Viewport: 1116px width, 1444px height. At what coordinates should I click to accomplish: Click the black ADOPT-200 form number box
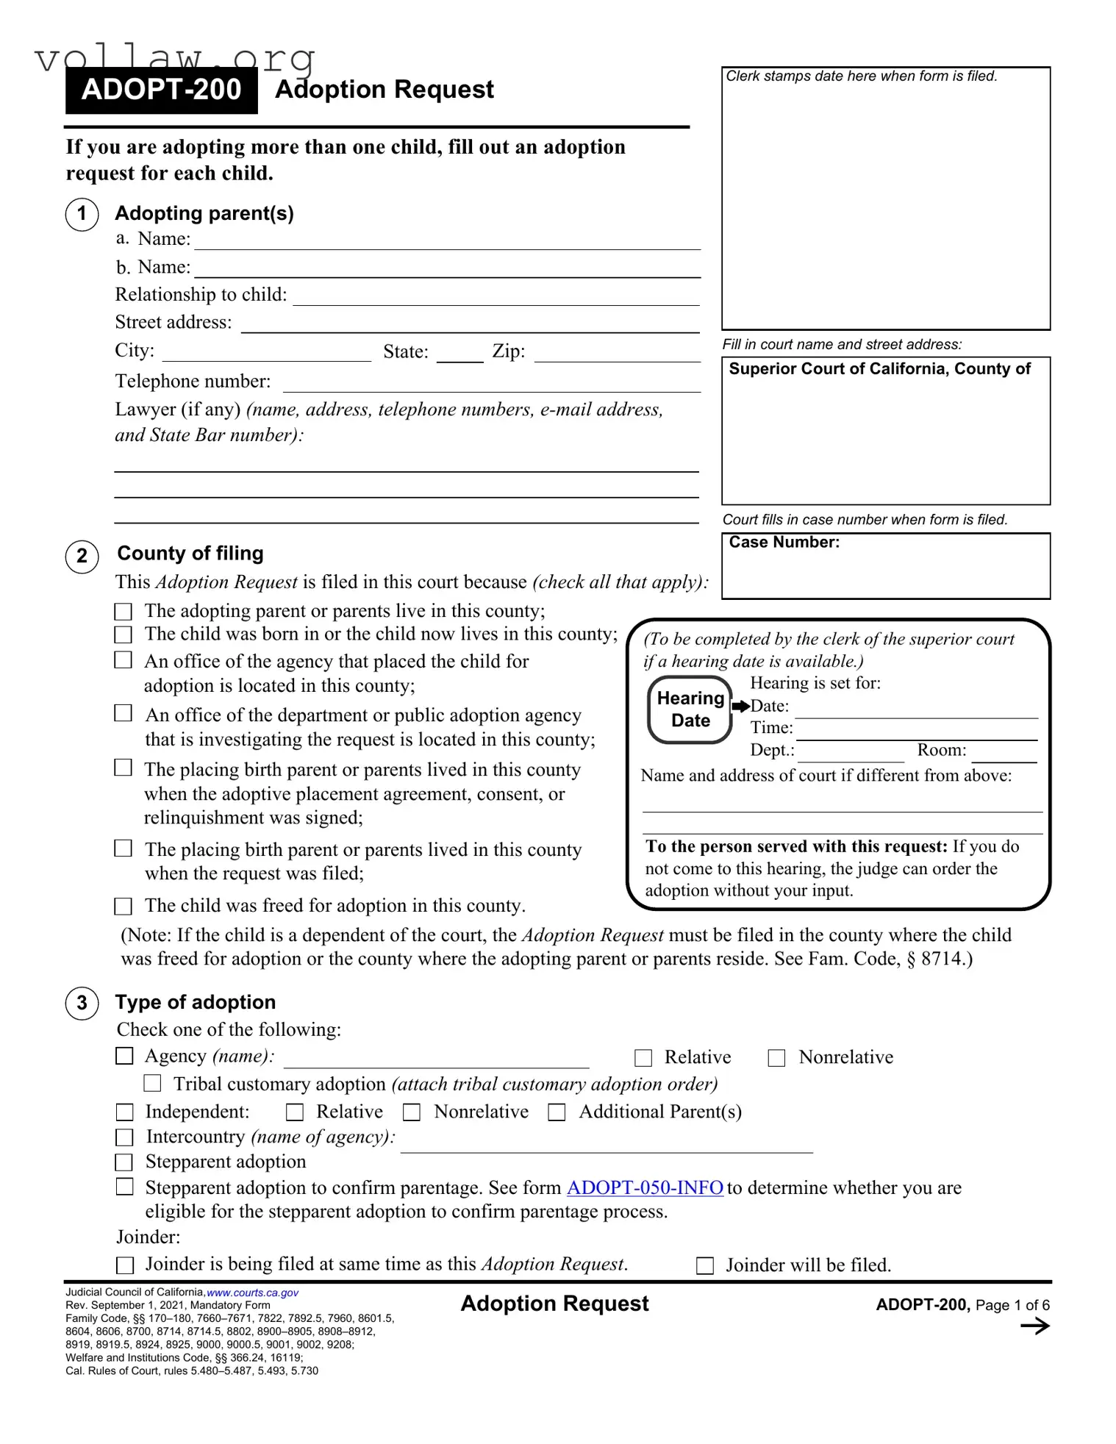(161, 90)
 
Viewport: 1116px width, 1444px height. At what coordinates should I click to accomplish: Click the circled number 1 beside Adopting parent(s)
(82, 215)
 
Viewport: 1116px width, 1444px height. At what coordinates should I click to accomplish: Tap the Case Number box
(885, 565)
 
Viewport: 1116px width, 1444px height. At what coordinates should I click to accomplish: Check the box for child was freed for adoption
(124, 906)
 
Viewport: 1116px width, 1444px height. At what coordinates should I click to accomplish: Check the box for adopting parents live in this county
(124, 612)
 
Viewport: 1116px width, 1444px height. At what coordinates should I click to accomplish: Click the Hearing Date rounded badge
(690, 710)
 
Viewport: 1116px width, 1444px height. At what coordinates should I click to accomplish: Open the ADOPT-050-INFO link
(645, 1187)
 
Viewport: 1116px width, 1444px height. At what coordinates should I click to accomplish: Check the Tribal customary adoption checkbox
(152, 1083)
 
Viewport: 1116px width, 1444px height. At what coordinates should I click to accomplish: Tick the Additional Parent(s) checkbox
(557, 1112)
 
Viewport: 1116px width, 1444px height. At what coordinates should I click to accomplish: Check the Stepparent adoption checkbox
(125, 1162)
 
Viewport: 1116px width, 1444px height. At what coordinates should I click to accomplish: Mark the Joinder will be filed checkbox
(705, 1265)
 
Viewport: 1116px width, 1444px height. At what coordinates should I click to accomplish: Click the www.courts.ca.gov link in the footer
(252, 1293)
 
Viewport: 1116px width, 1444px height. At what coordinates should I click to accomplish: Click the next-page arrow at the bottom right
(1035, 1326)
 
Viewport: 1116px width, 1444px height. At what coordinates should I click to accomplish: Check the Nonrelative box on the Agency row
(776, 1058)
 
